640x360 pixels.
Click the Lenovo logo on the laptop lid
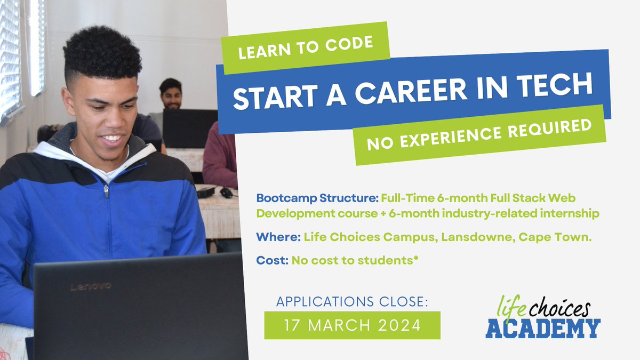(91, 287)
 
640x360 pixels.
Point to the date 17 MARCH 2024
(352, 325)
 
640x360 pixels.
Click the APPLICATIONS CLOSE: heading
(352, 302)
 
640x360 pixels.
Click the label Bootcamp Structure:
(317, 198)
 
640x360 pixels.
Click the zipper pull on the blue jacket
(107, 191)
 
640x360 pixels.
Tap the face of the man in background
(171, 97)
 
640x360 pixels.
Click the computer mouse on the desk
(227, 193)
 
